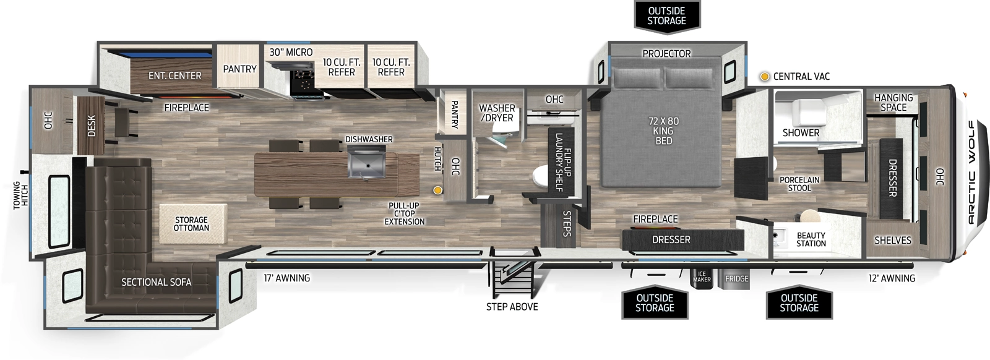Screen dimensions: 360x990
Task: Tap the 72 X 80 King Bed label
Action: click(x=663, y=131)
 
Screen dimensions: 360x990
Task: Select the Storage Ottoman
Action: click(x=191, y=223)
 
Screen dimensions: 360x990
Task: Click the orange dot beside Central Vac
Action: click(x=765, y=76)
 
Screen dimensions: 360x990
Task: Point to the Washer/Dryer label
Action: click(x=497, y=113)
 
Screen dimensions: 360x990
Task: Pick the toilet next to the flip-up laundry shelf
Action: click(x=541, y=176)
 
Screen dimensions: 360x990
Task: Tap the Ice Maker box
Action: click(x=702, y=278)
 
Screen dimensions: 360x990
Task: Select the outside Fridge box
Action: click(x=736, y=278)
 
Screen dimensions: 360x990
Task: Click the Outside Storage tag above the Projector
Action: click(x=666, y=15)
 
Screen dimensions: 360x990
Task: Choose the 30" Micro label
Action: click(x=291, y=53)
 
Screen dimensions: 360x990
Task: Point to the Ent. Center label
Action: click(x=174, y=75)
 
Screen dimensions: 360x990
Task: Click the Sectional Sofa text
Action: click(x=156, y=282)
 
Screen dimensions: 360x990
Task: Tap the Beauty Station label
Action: click(x=811, y=239)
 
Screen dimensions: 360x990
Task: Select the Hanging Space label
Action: click(x=893, y=102)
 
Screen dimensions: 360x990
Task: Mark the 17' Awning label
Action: click(x=286, y=278)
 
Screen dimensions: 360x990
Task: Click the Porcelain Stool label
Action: click(x=799, y=184)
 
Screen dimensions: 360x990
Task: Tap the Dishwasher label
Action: click(x=369, y=139)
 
